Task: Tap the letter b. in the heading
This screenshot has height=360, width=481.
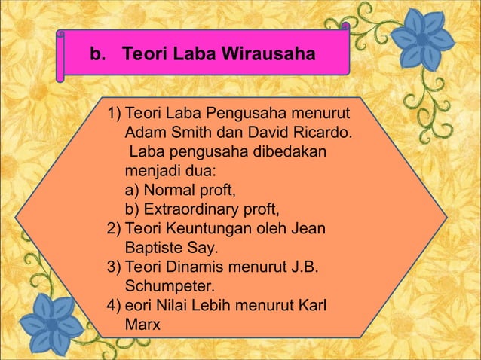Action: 98,55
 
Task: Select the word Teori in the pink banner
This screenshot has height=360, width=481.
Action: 144,55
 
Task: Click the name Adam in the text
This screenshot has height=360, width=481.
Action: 143,133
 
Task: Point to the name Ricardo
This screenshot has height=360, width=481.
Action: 323,133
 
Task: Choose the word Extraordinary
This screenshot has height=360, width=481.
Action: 190,209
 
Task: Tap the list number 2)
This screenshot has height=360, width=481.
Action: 115,227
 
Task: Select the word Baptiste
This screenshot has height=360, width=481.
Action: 153,246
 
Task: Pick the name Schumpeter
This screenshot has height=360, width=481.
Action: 170,286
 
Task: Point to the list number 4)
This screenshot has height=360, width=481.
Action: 115,307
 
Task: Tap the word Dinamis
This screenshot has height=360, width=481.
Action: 195,267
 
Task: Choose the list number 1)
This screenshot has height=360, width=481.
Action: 115,114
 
